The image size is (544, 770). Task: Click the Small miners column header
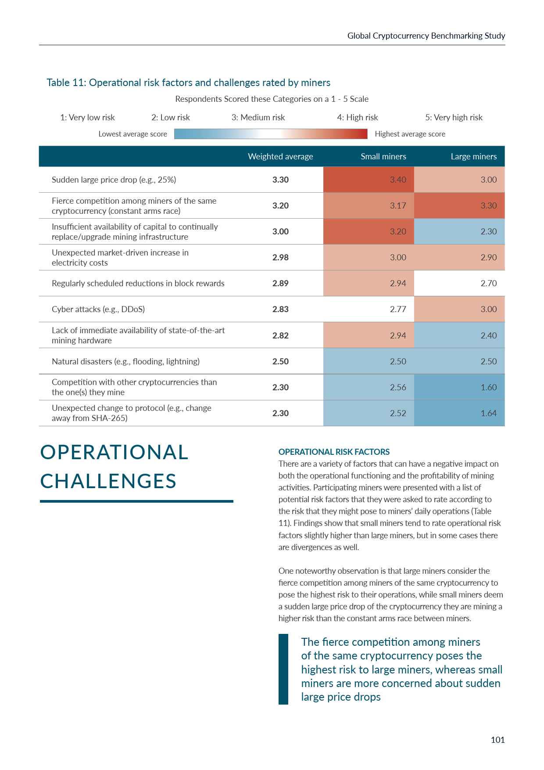click(x=383, y=156)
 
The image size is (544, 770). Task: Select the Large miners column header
click(x=473, y=156)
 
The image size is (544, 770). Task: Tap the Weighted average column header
click(x=280, y=156)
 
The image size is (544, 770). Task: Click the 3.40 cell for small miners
click(x=398, y=180)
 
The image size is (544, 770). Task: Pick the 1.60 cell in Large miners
click(x=488, y=387)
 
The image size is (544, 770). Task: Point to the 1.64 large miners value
click(x=488, y=413)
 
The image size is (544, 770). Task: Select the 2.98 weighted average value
click(x=280, y=257)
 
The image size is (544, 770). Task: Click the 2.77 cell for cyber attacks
click(x=398, y=309)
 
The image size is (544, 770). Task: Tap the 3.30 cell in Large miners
click(x=488, y=205)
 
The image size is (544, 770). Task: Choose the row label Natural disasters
click(x=125, y=361)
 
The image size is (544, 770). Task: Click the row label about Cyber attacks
click(x=98, y=309)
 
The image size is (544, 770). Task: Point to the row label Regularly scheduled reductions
click(x=138, y=283)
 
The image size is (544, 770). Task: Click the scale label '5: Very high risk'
click(x=454, y=117)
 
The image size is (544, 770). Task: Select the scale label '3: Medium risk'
click(x=258, y=117)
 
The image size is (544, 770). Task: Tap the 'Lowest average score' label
click(x=132, y=134)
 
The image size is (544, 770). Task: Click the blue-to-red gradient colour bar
click(x=271, y=134)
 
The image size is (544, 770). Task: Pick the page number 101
click(x=497, y=740)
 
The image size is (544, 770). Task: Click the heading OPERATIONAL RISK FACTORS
click(x=334, y=452)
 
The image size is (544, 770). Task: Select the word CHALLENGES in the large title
click(x=108, y=481)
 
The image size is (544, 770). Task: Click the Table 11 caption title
click(x=188, y=83)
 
